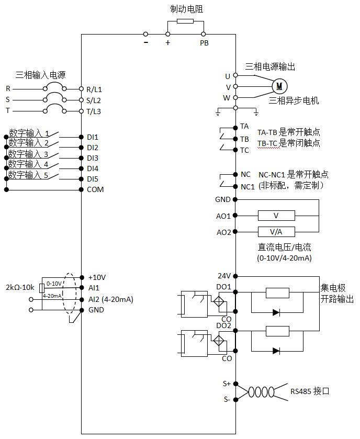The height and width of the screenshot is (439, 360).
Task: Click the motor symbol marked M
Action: point(279,86)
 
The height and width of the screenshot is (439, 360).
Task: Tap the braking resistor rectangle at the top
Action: point(185,21)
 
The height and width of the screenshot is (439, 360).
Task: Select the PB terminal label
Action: point(204,43)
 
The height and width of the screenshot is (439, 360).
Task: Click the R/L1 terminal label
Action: point(94,89)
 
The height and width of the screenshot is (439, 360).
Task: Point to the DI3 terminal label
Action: point(93,158)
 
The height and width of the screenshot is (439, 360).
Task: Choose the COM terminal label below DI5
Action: point(95,189)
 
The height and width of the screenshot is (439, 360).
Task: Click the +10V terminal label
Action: point(97,277)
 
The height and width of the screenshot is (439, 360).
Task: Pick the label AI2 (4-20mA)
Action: point(110,299)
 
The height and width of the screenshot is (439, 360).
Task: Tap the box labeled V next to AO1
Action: point(276,216)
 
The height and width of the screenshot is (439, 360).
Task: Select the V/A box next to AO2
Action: point(276,232)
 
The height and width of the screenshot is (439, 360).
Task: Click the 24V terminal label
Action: point(224,276)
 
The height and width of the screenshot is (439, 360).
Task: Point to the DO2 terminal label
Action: point(224,325)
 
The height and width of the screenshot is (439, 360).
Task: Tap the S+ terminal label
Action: point(227,384)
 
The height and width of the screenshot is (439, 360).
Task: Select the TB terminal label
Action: point(244,139)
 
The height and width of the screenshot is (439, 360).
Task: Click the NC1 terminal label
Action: point(248,187)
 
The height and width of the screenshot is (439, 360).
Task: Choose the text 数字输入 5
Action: point(29,175)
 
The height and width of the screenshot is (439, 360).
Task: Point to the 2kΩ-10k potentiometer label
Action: point(20,288)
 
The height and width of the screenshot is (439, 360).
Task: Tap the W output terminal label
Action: point(227,98)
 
